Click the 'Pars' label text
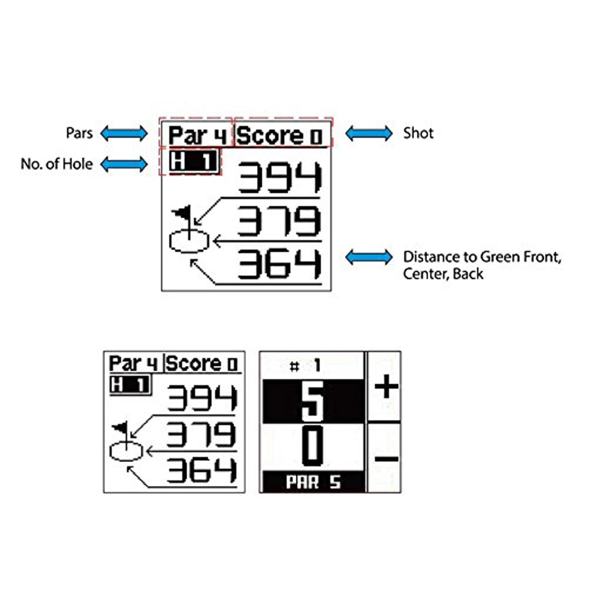(x=79, y=134)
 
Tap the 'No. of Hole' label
(x=57, y=164)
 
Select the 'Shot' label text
(x=418, y=133)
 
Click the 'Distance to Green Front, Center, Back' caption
(x=482, y=265)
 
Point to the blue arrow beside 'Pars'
(x=124, y=134)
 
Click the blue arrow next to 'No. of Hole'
(x=124, y=164)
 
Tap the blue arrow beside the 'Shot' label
(x=369, y=134)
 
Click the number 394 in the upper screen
(x=279, y=177)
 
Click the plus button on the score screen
(x=386, y=387)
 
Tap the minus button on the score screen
(x=386, y=458)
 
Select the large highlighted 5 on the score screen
(x=313, y=401)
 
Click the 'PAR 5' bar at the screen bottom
(x=314, y=482)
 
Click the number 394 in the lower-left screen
(x=202, y=398)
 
